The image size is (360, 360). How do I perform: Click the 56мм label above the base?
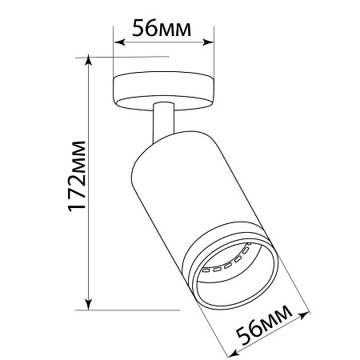point(162,28)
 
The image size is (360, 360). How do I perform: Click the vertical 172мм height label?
point(77,176)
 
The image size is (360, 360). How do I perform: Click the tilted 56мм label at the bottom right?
point(264,324)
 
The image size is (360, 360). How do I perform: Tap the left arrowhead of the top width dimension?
point(119,42)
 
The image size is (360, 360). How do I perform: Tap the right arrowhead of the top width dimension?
point(208,42)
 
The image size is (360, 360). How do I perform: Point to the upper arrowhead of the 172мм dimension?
point(88,61)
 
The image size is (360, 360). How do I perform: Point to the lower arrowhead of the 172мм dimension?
point(88,304)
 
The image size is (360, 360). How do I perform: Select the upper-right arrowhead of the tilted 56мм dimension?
point(303,316)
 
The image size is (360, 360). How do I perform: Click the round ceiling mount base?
point(164,90)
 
